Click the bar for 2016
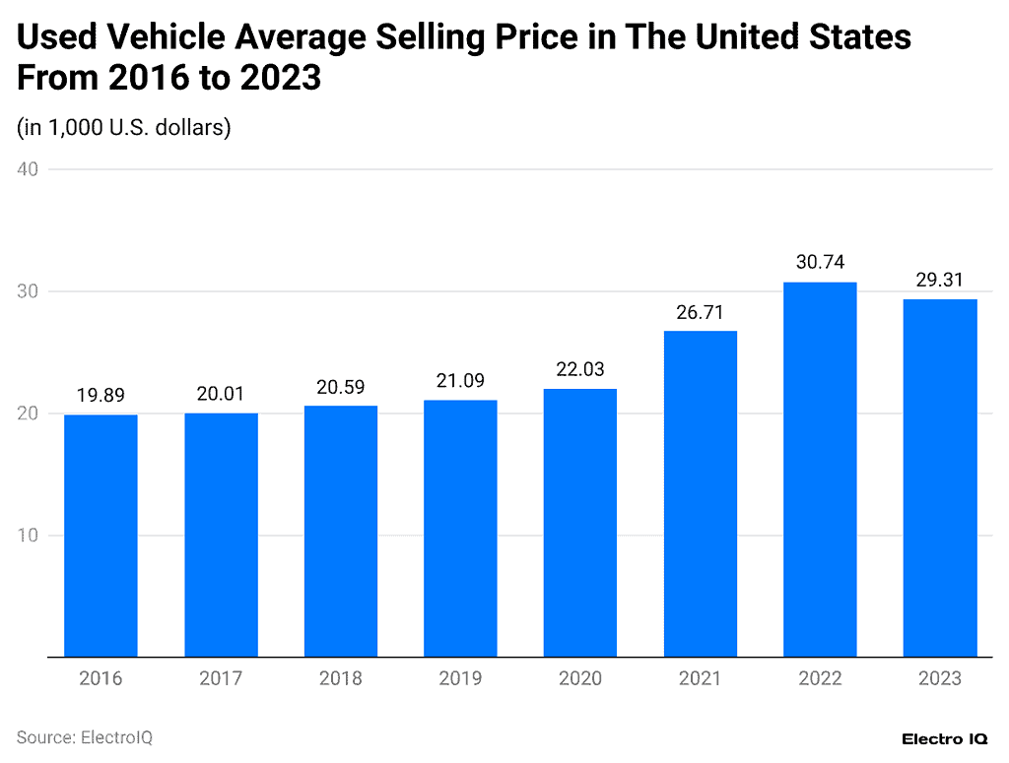click(101, 536)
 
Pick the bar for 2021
click(700, 493)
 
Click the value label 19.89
click(101, 396)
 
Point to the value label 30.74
click(820, 263)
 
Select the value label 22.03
click(580, 369)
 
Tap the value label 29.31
click(940, 280)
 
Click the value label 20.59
click(340, 387)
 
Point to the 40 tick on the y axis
click(28, 169)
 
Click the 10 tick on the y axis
click(28, 536)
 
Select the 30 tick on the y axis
click(28, 291)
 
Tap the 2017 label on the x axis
click(221, 678)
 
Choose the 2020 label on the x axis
click(580, 678)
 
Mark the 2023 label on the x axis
click(940, 678)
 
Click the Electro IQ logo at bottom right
click(946, 738)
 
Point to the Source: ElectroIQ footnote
click(85, 737)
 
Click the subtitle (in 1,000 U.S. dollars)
click(124, 127)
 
